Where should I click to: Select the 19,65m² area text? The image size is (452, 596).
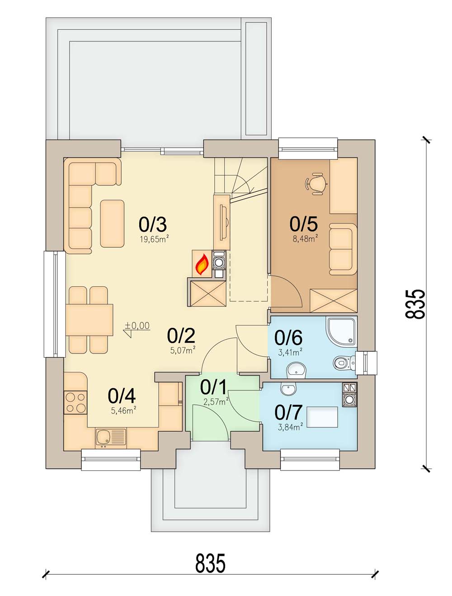click(155, 239)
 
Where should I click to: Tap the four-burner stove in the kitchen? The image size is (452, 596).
click(75, 403)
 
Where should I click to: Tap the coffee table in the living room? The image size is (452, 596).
click(112, 223)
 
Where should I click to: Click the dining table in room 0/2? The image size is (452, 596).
click(89, 320)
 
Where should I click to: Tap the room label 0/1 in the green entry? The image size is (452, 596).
click(213, 387)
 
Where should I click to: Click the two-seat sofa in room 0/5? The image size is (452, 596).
click(343, 249)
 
